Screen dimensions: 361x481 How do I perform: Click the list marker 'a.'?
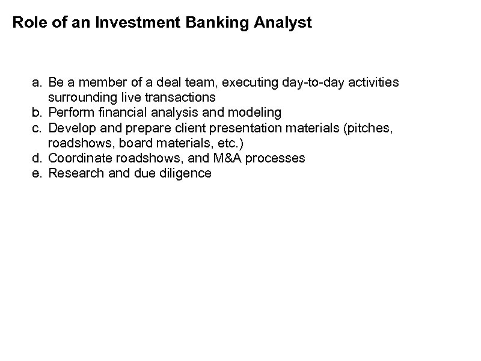38,81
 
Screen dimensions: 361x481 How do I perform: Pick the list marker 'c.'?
38,127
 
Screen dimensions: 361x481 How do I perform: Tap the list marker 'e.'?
38,173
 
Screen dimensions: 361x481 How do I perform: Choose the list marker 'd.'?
38,158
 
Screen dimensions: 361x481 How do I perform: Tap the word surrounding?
77,97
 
